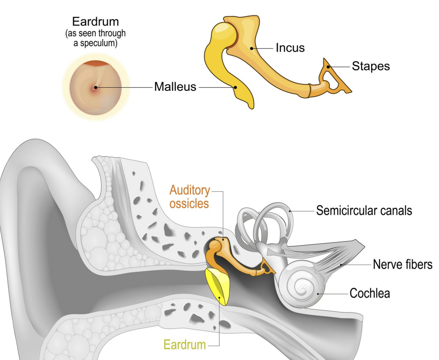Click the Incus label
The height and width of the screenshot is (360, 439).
(290, 48)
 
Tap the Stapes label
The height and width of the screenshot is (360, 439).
(371, 66)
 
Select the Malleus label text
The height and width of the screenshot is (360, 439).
(175, 87)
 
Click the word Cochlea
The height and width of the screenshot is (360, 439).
(370, 293)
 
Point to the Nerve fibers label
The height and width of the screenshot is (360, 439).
(402, 264)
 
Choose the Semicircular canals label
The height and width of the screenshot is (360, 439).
(364, 211)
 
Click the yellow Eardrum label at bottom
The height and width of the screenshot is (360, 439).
(185, 345)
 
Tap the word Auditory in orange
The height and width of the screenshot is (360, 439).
(190, 190)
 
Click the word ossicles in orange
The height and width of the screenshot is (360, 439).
(189, 204)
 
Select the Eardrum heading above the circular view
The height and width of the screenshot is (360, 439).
(95, 21)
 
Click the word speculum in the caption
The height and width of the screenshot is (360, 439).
(98, 43)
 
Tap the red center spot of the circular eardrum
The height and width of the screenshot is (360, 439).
(95, 88)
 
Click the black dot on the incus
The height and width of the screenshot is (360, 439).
(252, 48)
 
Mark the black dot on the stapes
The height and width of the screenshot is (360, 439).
(328, 67)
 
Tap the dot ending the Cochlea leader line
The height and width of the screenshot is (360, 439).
(318, 294)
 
